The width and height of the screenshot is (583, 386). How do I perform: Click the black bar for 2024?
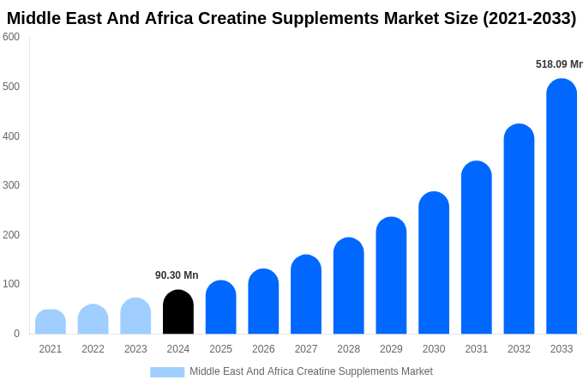tap(178, 312)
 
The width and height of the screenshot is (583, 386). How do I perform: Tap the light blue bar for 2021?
tap(51, 322)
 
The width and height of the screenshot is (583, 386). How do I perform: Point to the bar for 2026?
tap(263, 301)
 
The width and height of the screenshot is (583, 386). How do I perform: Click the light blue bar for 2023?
tap(135, 316)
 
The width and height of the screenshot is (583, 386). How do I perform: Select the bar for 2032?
tap(519, 229)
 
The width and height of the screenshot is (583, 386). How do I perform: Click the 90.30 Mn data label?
tap(177, 275)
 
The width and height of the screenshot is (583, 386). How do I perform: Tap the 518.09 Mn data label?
tap(558, 64)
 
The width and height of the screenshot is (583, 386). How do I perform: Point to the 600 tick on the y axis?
tap(11, 37)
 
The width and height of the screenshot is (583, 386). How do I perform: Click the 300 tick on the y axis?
tap(11, 185)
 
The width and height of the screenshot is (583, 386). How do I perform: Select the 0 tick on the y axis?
tap(16, 334)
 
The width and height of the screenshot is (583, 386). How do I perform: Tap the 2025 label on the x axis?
tap(220, 349)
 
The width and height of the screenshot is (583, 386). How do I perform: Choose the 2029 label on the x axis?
tap(391, 349)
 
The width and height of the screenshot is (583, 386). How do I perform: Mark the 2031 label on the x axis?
tap(476, 349)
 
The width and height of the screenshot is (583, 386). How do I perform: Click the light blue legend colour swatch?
tap(167, 371)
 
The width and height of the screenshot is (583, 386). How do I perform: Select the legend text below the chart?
tap(310, 371)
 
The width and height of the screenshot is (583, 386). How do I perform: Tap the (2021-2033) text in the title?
tap(529, 18)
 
